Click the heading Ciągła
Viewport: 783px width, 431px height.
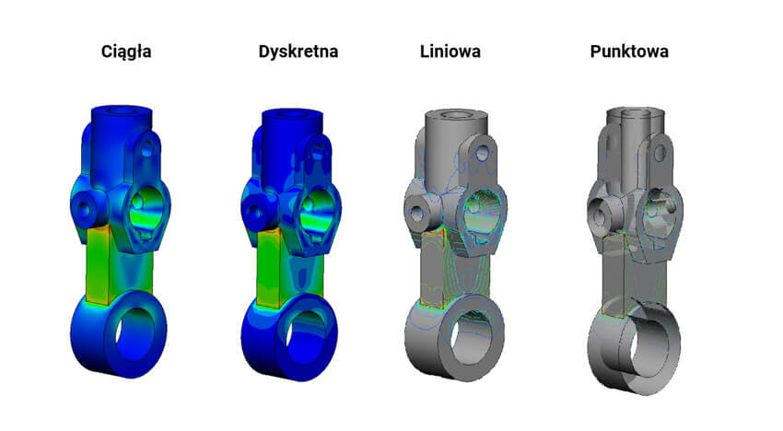[126, 52]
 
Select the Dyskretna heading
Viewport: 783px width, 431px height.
[298, 52]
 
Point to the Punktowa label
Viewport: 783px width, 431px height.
[629, 52]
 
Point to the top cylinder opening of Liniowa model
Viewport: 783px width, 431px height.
[451, 116]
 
